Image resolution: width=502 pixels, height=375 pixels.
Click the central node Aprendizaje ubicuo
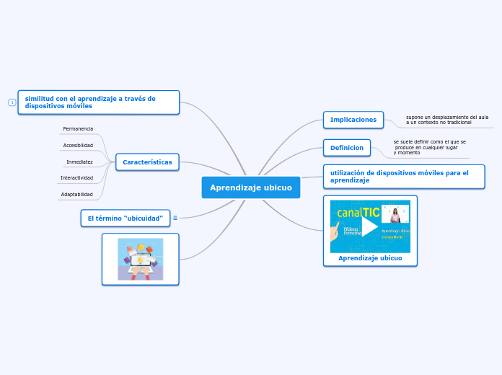[x=250, y=187]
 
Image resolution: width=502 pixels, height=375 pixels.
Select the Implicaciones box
[x=353, y=120]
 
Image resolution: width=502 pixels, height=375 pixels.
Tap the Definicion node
[x=347, y=148]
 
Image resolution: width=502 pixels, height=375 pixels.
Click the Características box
[x=147, y=162]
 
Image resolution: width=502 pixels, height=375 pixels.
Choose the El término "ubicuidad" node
[x=125, y=218]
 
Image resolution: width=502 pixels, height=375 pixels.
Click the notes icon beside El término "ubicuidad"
[x=175, y=218]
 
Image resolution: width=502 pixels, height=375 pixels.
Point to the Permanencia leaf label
[x=78, y=129]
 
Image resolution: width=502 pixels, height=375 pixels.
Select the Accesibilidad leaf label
[x=78, y=146]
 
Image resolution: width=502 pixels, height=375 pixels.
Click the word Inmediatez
[x=79, y=162]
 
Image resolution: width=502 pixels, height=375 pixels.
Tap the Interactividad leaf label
[x=76, y=178]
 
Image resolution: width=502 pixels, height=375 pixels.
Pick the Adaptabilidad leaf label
[x=76, y=195]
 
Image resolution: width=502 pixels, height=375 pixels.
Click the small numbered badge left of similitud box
[x=12, y=102]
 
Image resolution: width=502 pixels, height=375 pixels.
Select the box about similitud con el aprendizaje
[x=98, y=102]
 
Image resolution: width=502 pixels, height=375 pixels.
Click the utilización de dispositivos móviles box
[x=403, y=177]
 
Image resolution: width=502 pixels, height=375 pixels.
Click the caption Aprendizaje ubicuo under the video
[x=370, y=258]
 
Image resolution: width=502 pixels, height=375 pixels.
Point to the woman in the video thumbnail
[x=395, y=216]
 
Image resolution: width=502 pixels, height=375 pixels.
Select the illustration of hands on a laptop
[x=141, y=259]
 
